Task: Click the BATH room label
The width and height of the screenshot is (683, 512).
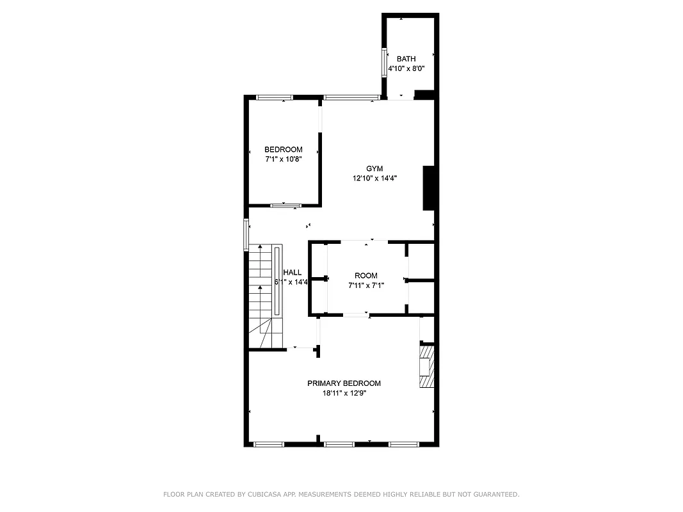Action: coord(406,59)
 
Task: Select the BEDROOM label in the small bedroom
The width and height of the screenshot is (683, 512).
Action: coord(283,150)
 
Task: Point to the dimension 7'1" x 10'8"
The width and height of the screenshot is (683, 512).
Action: coord(283,159)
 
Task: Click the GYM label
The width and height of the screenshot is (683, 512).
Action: coord(374,169)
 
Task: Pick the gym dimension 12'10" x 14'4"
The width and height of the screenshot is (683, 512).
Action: coord(374,179)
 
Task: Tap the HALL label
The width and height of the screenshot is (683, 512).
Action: coord(293,273)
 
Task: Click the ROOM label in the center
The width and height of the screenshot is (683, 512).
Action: coord(366,276)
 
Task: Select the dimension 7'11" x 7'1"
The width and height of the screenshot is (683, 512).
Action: coord(366,285)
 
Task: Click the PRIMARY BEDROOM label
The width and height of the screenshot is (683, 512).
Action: coord(344,383)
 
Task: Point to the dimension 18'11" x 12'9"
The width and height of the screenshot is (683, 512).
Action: coord(344,394)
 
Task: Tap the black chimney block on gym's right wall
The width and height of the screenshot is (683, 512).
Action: coord(429,188)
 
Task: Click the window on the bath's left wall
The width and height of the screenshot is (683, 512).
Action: coord(385,61)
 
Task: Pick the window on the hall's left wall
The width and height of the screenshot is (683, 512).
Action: coord(246,234)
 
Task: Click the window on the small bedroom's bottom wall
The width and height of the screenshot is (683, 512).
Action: coord(285,205)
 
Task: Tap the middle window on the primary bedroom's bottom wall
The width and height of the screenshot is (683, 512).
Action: coord(339,444)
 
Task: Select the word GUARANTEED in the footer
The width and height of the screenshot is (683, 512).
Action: coord(496,494)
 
